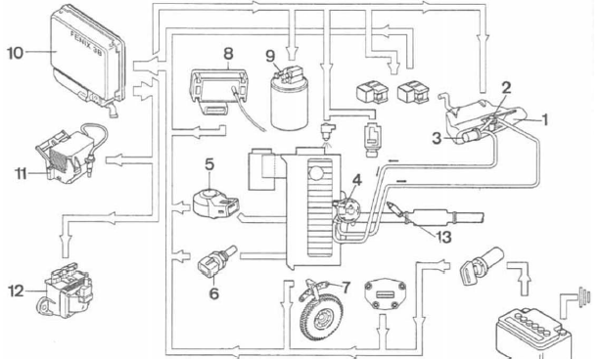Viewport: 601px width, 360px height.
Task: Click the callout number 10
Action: click(x=16, y=53)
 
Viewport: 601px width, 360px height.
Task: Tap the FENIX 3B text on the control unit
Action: click(x=87, y=44)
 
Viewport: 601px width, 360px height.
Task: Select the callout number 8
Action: click(x=228, y=54)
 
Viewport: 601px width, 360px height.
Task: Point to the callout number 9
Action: click(x=270, y=57)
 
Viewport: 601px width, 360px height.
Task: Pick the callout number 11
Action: click(x=21, y=174)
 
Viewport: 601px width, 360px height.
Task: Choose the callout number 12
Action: click(x=16, y=292)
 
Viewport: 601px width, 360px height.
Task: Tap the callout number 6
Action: click(x=214, y=293)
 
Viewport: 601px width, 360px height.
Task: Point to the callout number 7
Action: click(x=346, y=287)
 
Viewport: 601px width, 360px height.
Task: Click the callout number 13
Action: click(x=443, y=237)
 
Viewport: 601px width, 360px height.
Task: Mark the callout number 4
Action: click(x=357, y=180)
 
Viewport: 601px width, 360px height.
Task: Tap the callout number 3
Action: click(x=437, y=138)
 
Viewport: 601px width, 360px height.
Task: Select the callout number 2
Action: click(x=506, y=88)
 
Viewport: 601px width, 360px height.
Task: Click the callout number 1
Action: click(x=543, y=119)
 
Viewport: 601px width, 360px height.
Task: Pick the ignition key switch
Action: click(x=481, y=265)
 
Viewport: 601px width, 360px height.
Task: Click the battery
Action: click(x=533, y=334)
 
